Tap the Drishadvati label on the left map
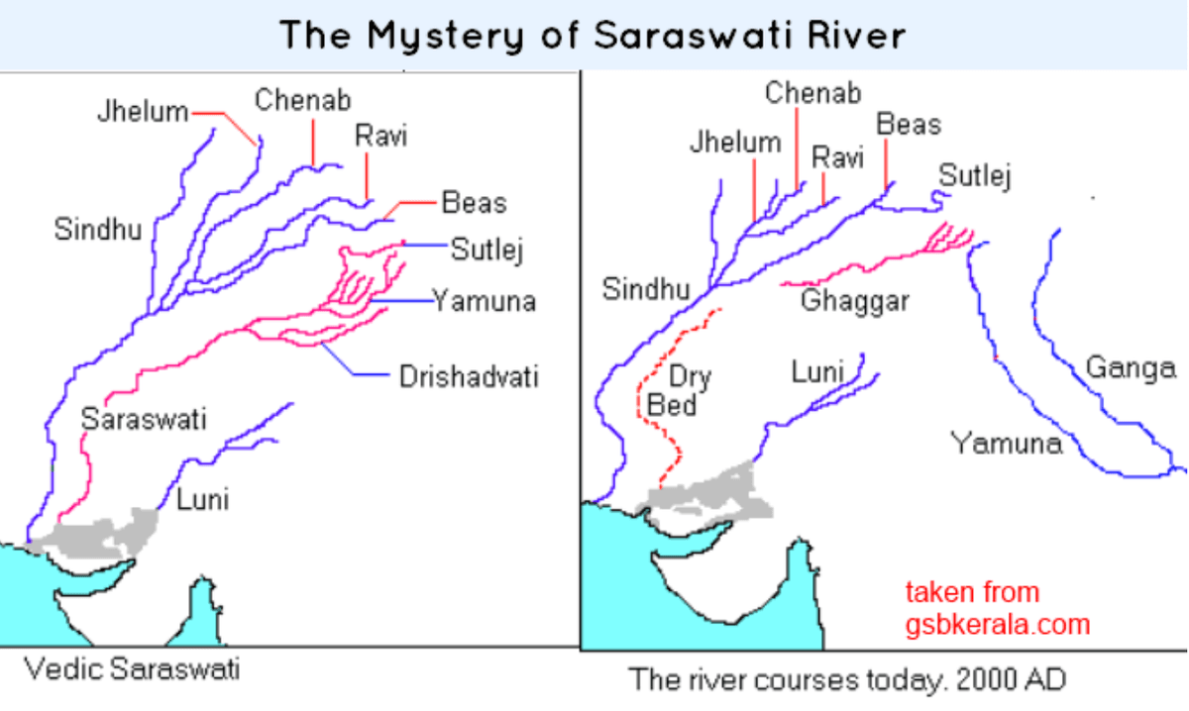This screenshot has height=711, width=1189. pyautogui.click(x=469, y=377)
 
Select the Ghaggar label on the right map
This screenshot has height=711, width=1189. pyautogui.click(x=854, y=301)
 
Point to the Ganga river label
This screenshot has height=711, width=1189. pyautogui.click(x=1131, y=368)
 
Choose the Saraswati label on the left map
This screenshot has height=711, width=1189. pyautogui.click(x=144, y=419)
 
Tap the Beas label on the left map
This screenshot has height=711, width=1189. pyautogui.click(x=474, y=203)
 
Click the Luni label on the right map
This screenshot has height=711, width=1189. pyautogui.click(x=817, y=372)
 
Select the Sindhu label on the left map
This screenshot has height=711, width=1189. pyautogui.click(x=98, y=231)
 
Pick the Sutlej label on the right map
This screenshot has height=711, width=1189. pyautogui.click(x=975, y=177)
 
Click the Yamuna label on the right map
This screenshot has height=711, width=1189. pyautogui.click(x=1006, y=443)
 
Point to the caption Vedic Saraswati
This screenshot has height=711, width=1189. pyautogui.click(x=132, y=669)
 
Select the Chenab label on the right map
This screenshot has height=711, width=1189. pyautogui.click(x=812, y=93)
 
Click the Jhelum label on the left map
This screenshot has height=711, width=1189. pyautogui.click(x=142, y=112)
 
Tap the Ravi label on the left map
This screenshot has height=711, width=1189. pyautogui.click(x=380, y=137)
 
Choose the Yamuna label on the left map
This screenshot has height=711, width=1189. pyautogui.click(x=484, y=301)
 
